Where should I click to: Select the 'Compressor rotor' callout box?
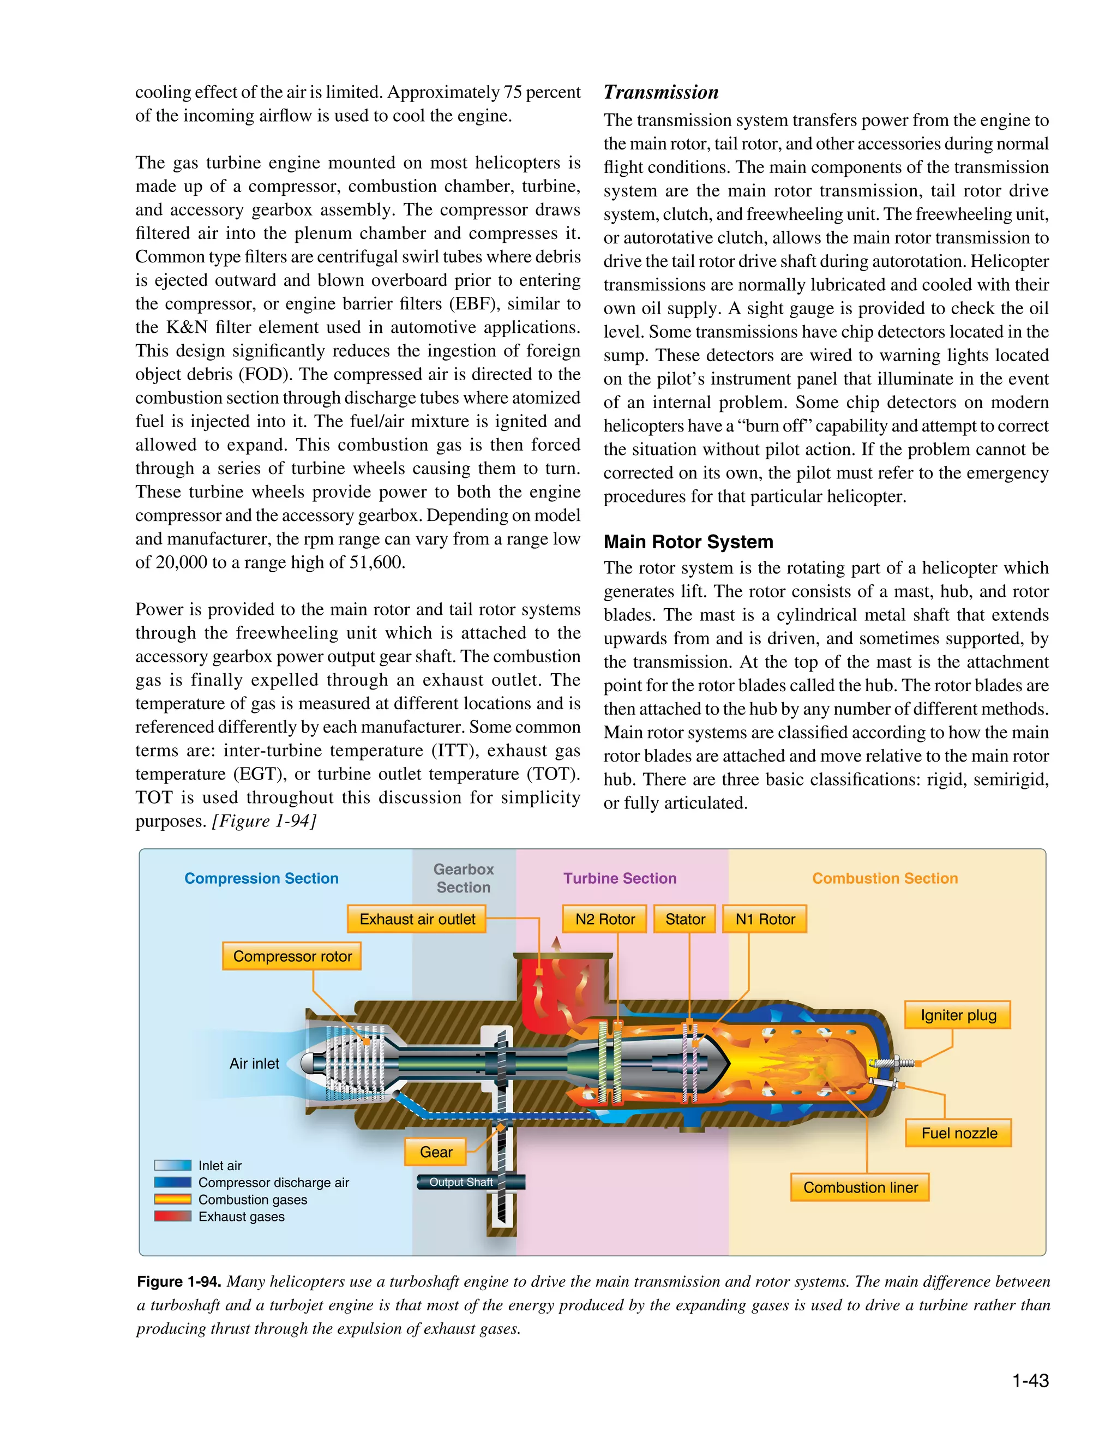292,956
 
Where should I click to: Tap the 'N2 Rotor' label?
605,919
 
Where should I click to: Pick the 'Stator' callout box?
685,919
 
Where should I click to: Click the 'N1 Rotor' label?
765,919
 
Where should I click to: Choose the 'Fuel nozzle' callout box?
959,1133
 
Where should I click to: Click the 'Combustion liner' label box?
860,1188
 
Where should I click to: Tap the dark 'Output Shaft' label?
461,1182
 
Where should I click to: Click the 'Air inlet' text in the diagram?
254,1064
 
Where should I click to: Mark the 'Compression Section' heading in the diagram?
261,878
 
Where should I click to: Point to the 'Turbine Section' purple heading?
620,878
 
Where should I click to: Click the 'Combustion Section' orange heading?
885,878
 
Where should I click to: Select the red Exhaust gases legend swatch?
172,1217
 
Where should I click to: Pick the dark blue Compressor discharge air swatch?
172,1183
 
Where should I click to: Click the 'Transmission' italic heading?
661,92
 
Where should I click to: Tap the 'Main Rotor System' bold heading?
688,542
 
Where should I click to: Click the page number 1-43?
1030,1381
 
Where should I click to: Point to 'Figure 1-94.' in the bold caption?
179,1282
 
